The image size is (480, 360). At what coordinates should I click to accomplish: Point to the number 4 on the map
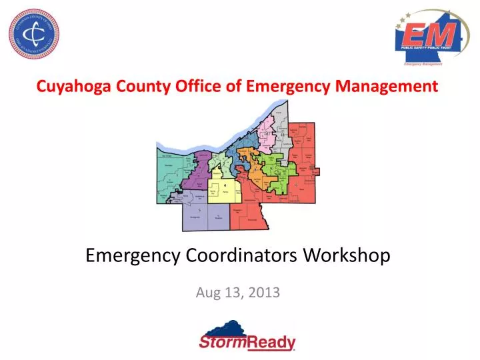point(225,185)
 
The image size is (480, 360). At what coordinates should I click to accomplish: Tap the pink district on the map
point(272,133)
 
